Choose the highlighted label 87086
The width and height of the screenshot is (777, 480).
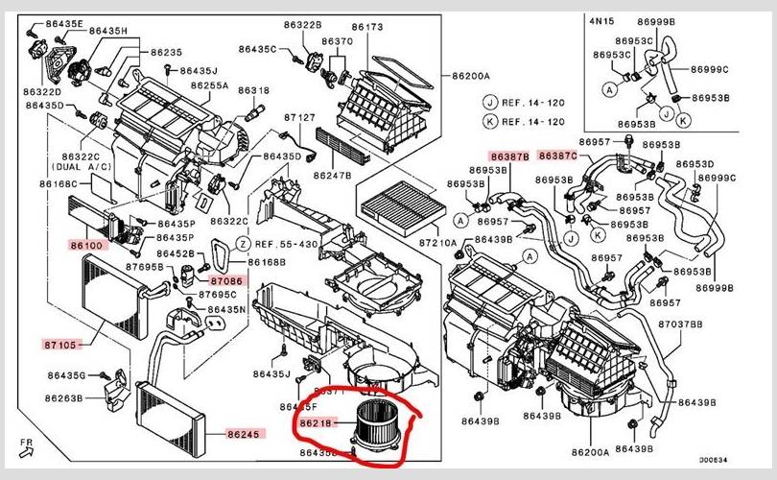(x=227, y=280)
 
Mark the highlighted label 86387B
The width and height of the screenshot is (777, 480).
(x=508, y=156)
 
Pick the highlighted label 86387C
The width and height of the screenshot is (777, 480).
(x=557, y=156)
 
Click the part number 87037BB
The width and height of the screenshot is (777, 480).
(x=681, y=325)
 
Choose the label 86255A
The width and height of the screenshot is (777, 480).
(x=209, y=85)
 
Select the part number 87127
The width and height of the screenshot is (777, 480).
(x=299, y=117)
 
